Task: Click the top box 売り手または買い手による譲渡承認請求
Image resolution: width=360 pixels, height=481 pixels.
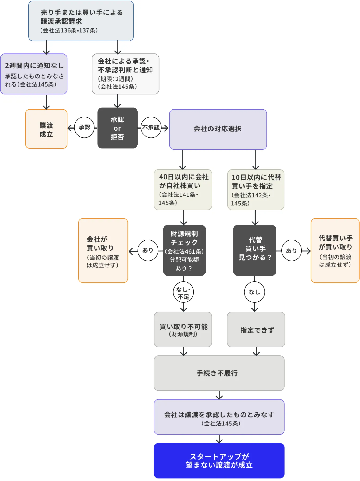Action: tap(81, 21)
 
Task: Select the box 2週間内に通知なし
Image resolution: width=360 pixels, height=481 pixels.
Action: tap(34, 74)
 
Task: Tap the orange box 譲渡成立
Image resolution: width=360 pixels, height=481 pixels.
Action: tap(46, 129)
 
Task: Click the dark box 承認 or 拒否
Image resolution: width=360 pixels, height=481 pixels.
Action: tap(117, 128)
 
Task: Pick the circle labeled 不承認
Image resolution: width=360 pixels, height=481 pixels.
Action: tap(151, 127)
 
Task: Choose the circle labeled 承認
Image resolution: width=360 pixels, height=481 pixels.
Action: tap(84, 127)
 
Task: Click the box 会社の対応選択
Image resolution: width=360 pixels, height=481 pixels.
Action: tap(218, 129)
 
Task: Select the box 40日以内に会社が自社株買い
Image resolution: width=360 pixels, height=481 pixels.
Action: tap(183, 189)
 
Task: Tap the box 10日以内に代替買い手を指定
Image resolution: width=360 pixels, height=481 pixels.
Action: tap(256, 190)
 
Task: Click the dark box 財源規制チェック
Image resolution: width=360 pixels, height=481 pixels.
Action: tap(184, 250)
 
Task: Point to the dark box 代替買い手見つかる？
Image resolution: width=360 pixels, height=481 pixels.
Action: tap(254, 250)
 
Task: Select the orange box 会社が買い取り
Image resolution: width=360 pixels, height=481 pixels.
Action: tap(103, 250)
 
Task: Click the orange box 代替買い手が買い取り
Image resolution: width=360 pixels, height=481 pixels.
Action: tap(335, 250)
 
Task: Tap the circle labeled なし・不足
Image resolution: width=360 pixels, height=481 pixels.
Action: tap(183, 292)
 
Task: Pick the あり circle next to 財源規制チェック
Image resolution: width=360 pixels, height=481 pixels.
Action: tap(148, 250)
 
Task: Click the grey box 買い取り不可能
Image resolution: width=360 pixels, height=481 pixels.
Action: tap(183, 329)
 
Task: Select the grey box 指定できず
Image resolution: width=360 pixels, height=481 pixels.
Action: tap(256, 329)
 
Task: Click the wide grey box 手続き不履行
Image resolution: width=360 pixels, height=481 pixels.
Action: tap(219, 373)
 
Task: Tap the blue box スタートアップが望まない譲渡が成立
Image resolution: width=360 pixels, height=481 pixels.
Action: tap(219, 460)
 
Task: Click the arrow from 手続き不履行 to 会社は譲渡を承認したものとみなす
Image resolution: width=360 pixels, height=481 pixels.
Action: tap(219, 395)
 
